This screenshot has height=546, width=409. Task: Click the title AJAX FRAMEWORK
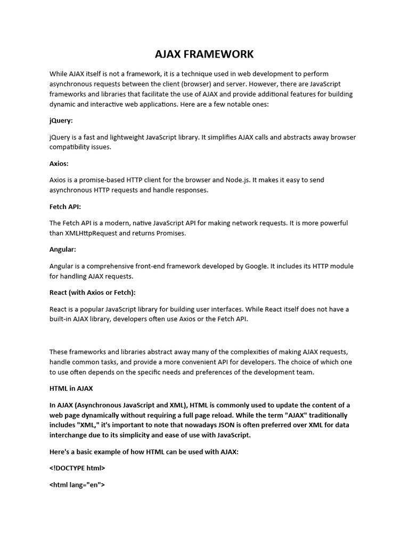(x=204, y=54)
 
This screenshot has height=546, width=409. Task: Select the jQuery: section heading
(x=61, y=121)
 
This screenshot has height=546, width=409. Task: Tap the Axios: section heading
(x=59, y=163)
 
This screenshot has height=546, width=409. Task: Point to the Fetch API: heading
(x=65, y=206)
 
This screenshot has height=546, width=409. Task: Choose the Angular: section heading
(x=63, y=249)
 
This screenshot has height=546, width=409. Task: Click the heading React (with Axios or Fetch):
(x=92, y=292)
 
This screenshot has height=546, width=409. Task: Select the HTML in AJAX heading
(x=71, y=388)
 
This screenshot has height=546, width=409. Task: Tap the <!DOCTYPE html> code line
(x=77, y=468)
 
